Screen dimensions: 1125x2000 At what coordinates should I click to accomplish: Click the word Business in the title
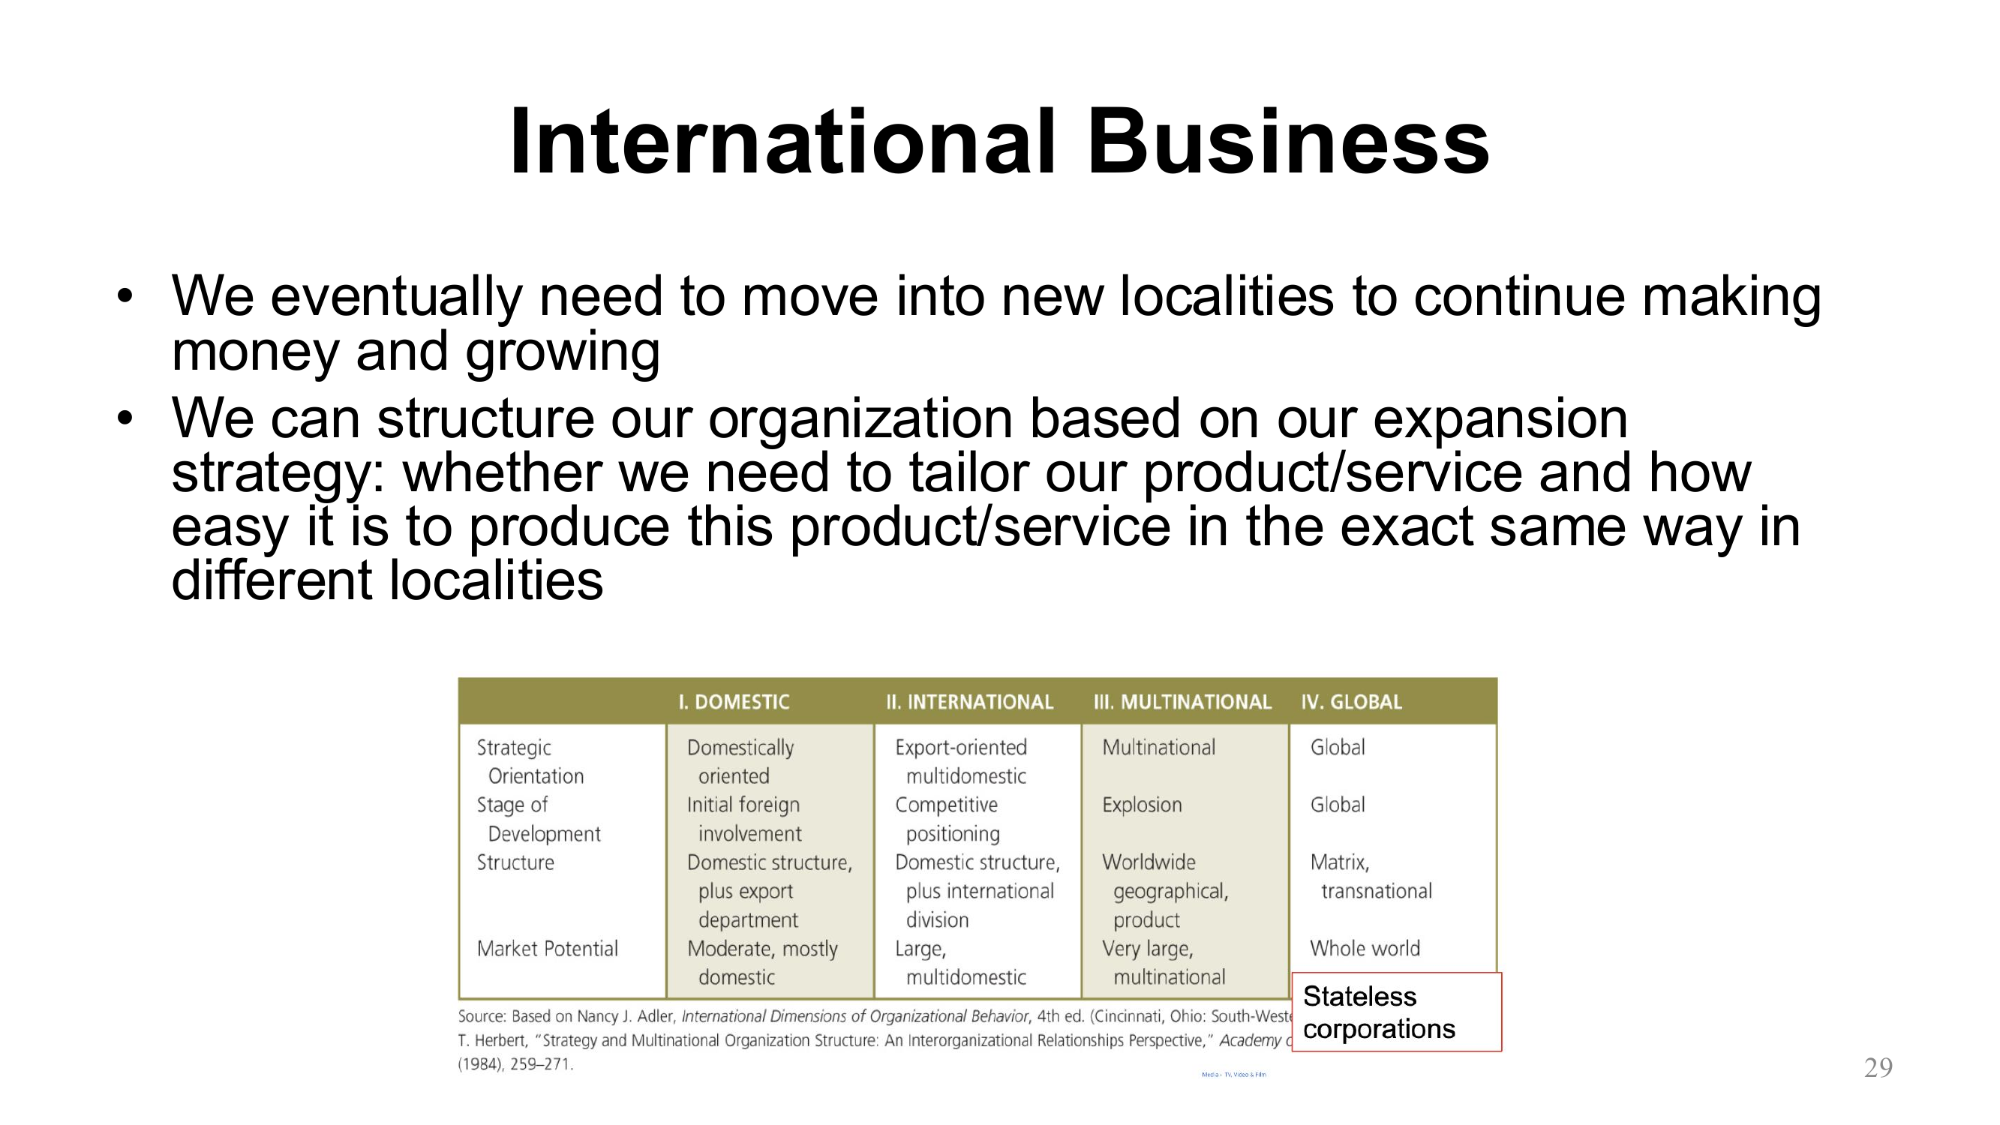(x=1287, y=142)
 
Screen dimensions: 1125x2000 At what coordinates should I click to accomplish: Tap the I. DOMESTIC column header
(x=734, y=703)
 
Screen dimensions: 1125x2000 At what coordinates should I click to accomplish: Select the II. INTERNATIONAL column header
(x=969, y=703)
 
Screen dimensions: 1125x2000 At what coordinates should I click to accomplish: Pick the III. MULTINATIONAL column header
(x=1182, y=703)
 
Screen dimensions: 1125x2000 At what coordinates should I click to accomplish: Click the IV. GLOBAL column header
(x=1352, y=703)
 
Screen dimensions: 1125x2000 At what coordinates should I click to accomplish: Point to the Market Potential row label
(x=548, y=949)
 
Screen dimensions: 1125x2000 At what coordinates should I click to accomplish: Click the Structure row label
(x=515, y=862)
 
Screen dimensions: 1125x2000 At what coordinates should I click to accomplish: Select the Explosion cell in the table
(x=1142, y=805)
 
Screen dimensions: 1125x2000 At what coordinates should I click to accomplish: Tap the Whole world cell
(x=1365, y=949)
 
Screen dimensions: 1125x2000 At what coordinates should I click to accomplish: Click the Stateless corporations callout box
(x=1396, y=1012)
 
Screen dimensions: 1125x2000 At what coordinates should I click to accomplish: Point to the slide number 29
(x=1878, y=1068)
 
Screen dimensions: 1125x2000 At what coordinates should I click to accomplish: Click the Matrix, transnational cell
(x=1371, y=877)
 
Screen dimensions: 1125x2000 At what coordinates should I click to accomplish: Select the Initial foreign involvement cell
(x=743, y=819)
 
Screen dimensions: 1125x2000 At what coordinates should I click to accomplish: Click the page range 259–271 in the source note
(x=541, y=1065)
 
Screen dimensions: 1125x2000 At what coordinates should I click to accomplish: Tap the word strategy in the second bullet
(x=275, y=473)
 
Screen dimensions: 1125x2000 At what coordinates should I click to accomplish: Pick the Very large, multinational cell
(x=1163, y=963)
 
